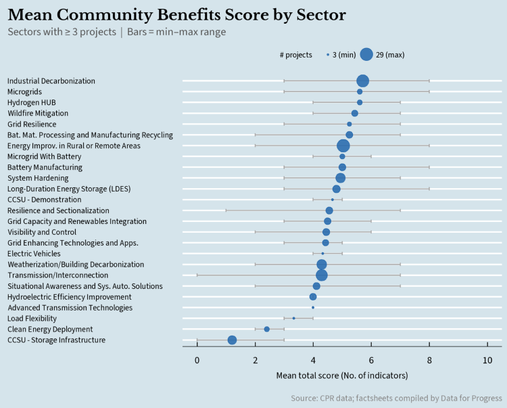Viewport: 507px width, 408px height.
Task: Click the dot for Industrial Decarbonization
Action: pos(363,81)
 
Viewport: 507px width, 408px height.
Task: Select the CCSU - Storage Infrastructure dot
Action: pos(232,340)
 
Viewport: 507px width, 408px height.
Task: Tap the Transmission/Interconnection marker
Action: pos(322,275)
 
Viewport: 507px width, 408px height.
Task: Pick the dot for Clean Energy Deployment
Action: pos(266,329)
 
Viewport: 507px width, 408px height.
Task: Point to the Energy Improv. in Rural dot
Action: pos(343,145)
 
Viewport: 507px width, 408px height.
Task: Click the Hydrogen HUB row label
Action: pos(32,102)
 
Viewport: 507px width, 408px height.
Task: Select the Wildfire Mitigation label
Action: pos(37,113)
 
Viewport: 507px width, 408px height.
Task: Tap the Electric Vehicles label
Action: pos(33,254)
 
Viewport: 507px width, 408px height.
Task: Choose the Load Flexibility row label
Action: pos(32,318)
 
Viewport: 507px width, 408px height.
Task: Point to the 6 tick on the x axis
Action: pos(371,361)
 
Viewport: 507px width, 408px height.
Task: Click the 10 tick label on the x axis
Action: pos(487,361)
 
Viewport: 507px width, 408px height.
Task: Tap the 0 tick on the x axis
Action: pos(197,361)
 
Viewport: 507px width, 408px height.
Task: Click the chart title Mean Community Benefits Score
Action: pos(177,15)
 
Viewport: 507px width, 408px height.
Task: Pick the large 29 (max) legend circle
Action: pos(366,55)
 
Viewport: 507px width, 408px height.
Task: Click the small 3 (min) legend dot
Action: pos(328,55)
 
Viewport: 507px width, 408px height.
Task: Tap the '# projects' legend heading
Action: pos(295,55)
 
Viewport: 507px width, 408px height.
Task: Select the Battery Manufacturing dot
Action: pos(342,167)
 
